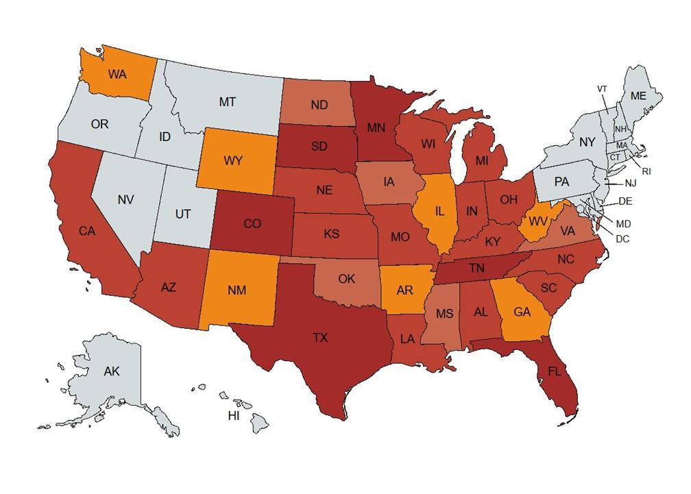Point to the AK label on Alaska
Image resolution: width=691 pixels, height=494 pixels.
(112, 371)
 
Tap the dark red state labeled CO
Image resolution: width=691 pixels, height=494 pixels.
(252, 223)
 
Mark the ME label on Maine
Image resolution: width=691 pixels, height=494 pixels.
(638, 97)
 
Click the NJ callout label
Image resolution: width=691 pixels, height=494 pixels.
(631, 184)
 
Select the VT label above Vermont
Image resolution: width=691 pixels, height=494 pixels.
(602, 89)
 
